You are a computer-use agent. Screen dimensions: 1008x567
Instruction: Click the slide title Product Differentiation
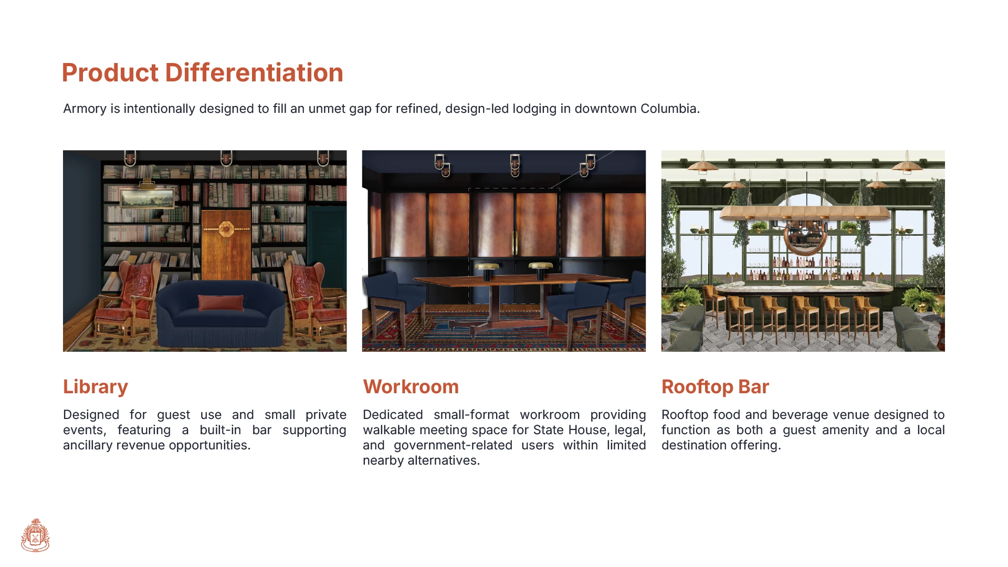click(x=202, y=72)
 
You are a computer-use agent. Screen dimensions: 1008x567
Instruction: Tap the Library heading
click(x=96, y=387)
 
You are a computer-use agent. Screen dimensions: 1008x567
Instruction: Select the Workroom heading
click(x=411, y=387)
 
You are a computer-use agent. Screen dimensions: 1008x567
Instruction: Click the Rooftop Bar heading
click(x=715, y=387)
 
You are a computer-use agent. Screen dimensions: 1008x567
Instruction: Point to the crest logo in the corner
click(x=35, y=535)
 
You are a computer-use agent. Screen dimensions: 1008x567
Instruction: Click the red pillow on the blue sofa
click(x=221, y=303)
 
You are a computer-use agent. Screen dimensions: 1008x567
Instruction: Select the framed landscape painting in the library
click(x=147, y=198)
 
